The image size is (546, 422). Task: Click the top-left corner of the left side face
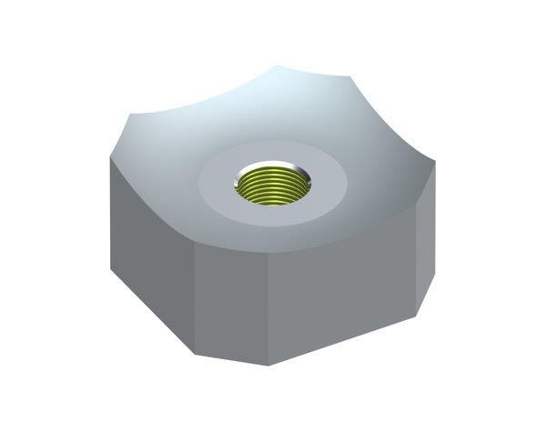click(x=109, y=160)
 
